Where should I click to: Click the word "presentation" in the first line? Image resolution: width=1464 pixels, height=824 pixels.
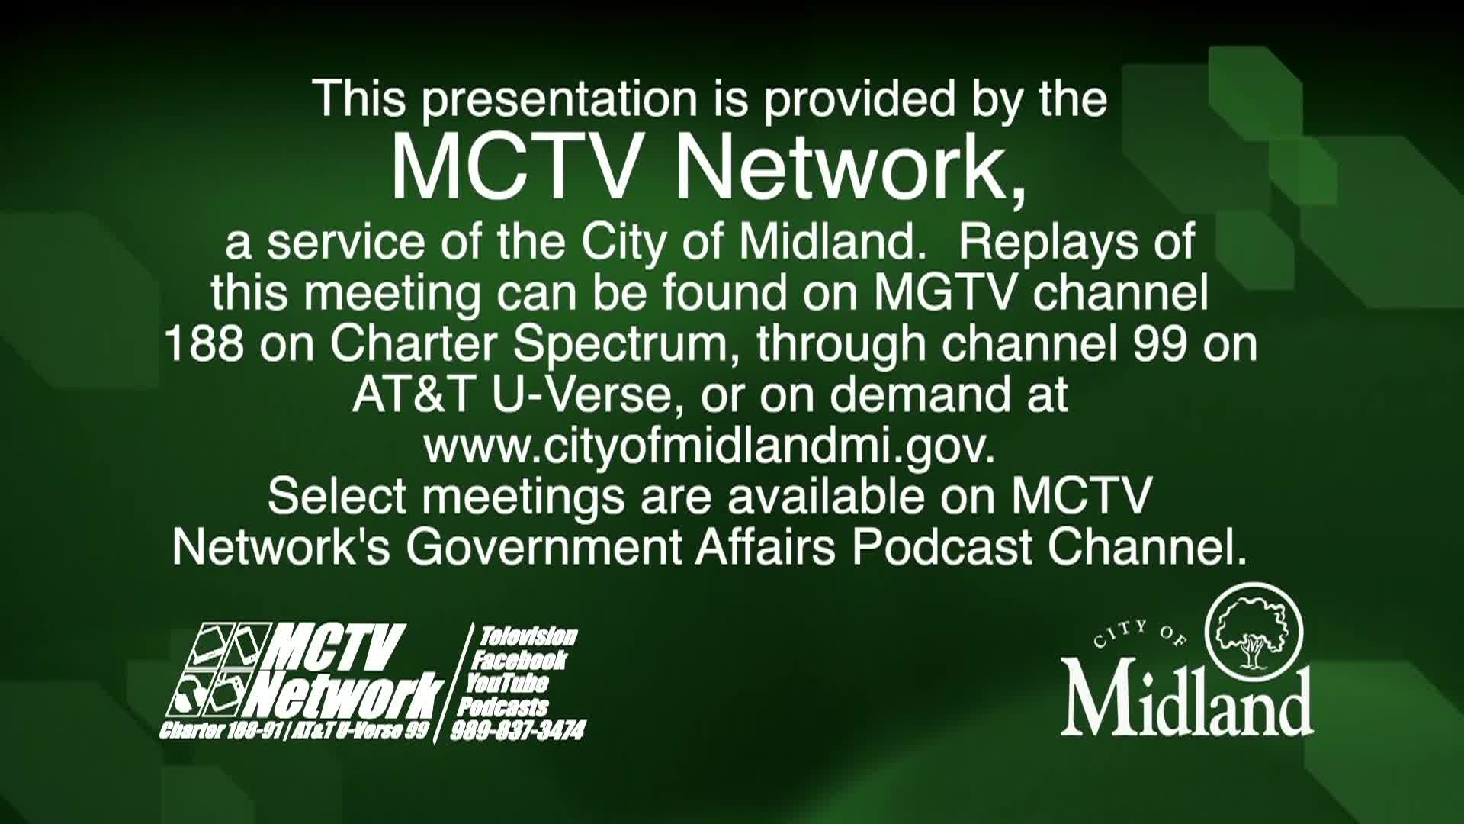pos(560,101)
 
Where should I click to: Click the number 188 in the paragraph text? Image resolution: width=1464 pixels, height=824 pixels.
pos(204,344)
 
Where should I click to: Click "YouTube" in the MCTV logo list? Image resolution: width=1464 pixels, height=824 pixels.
pos(507,683)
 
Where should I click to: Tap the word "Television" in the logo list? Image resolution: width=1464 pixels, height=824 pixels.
pos(528,636)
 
